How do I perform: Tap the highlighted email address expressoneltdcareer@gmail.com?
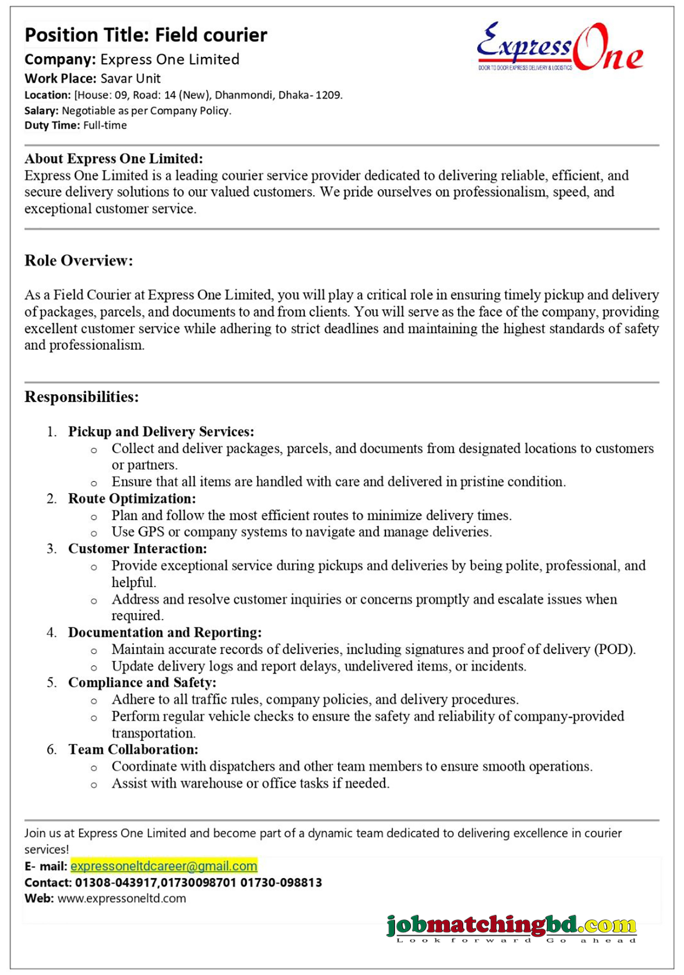click(x=164, y=866)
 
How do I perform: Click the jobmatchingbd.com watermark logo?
click(x=511, y=926)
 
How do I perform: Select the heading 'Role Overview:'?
click(x=79, y=261)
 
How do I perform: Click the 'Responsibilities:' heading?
click(x=81, y=397)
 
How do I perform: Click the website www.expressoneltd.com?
click(x=122, y=898)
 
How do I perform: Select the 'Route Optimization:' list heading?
click(x=132, y=499)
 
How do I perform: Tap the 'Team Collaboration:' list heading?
click(x=133, y=749)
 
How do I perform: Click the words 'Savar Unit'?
click(x=130, y=79)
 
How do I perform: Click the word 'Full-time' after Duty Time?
click(x=105, y=125)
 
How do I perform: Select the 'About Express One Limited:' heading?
click(x=113, y=159)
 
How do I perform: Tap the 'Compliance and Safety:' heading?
click(x=142, y=682)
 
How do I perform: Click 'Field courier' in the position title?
click(x=211, y=35)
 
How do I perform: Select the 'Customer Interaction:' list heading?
click(x=137, y=549)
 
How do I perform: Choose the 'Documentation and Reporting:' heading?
click(x=165, y=632)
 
